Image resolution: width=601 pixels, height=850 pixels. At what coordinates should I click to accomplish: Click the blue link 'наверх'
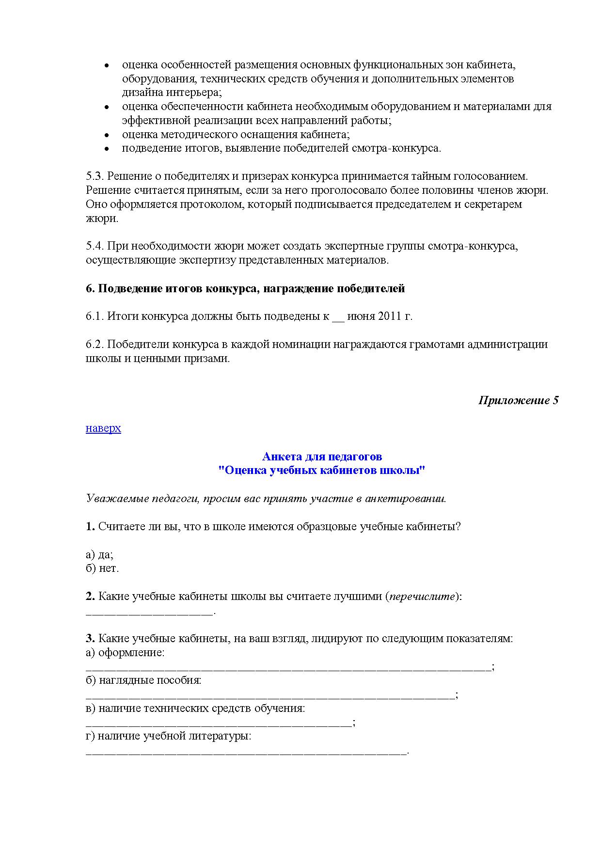(x=103, y=428)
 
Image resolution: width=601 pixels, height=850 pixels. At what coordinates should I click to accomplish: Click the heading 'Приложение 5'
(x=518, y=400)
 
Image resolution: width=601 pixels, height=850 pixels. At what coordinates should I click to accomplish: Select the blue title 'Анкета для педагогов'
(x=322, y=456)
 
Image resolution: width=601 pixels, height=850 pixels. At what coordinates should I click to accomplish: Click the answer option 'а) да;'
(x=99, y=554)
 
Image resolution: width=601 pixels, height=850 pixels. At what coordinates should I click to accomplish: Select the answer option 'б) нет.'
(x=102, y=568)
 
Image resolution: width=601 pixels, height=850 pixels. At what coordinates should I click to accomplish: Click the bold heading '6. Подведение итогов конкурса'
(x=245, y=289)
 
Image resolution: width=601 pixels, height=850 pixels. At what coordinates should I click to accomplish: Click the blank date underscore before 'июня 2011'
(x=338, y=318)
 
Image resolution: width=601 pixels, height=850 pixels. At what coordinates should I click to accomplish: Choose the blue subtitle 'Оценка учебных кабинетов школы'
(x=322, y=471)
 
